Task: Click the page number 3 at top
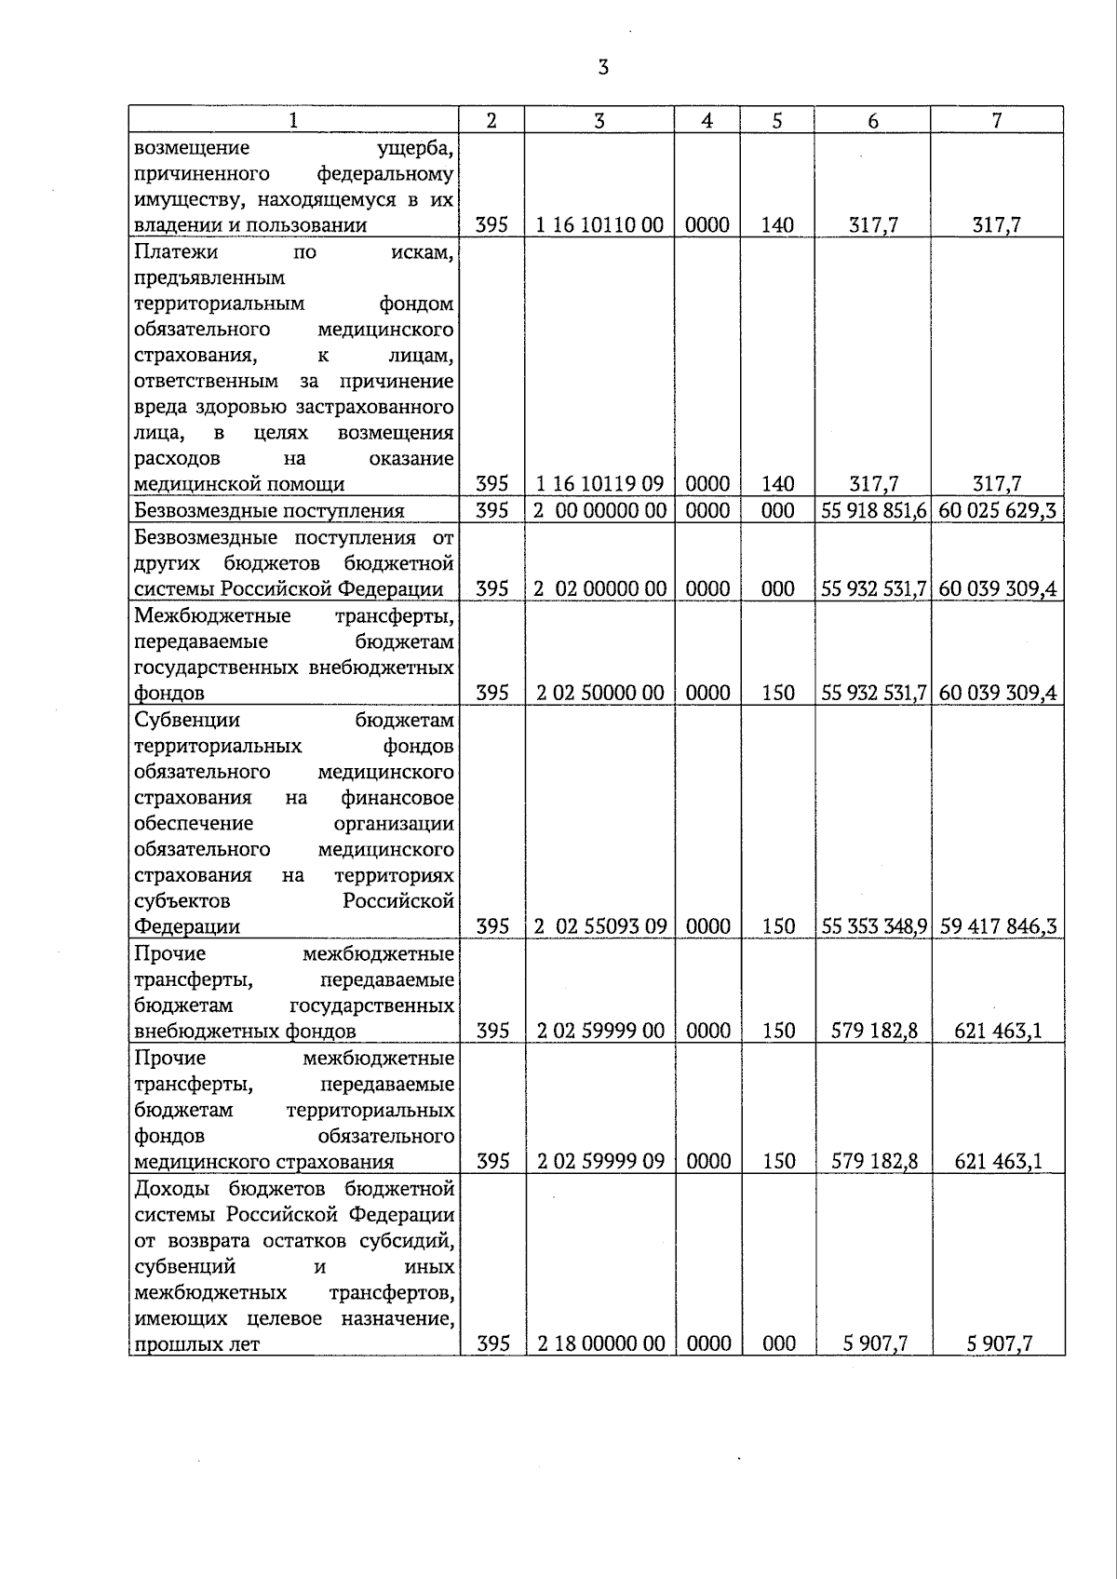(x=603, y=67)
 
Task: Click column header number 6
(x=872, y=120)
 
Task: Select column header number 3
(x=599, y=120)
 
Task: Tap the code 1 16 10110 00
(x=600, y=225)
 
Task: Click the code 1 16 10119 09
(x=600, y=484)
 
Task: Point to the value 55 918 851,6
(x=873, y=510)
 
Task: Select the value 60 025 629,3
(x=997, y=510)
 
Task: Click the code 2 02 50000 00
(x=600, y=693)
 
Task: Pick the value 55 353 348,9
(x=873, y=926)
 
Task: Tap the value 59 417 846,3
(x=997, y=926)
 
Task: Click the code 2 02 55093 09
(x=600, y=926)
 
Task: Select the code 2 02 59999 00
(x=600, y=1031)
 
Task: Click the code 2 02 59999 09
(x=600, y=1161)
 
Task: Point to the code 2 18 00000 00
(x=600, y=1343)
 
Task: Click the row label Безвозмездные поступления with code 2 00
(x=269, y=510)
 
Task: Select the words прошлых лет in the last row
(x=196, y=1344)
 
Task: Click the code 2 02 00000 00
(x=600, y=588)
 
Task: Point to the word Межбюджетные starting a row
(x=211, y=615)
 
